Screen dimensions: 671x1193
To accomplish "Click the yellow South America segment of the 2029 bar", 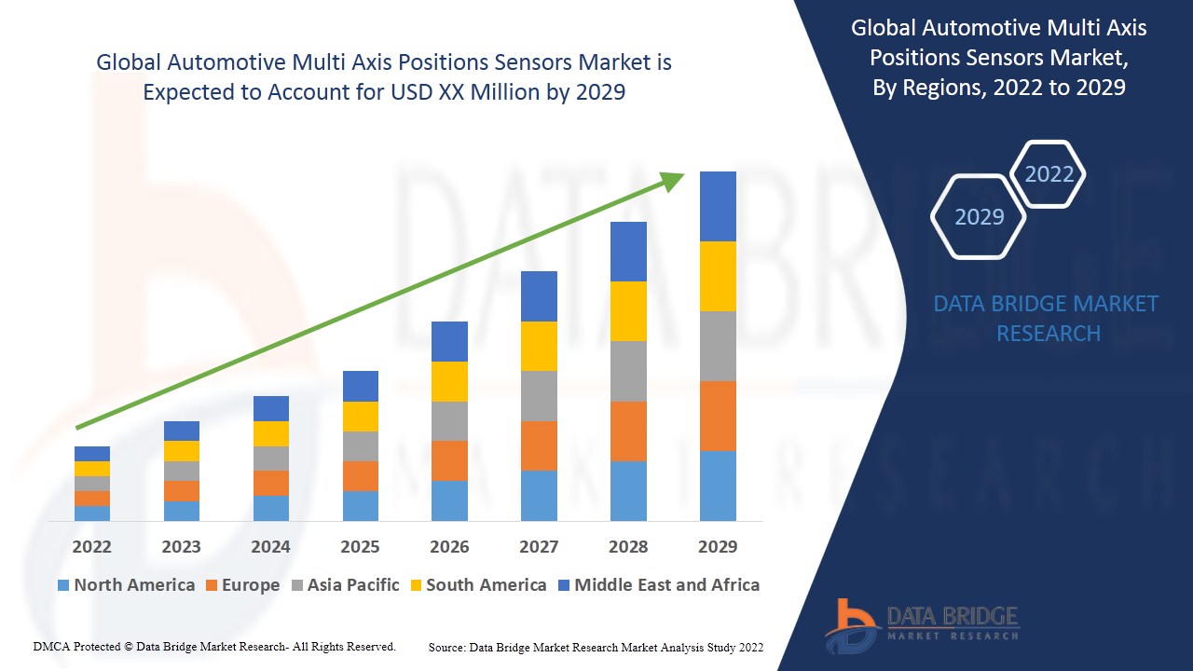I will point(718,276).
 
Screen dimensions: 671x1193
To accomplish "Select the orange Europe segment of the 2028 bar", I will point(628,431).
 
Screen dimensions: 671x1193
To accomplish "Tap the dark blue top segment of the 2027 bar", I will point(539,296).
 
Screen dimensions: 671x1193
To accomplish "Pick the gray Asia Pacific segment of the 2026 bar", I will point(449,421).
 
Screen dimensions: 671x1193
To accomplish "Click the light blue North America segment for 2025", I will point(361,505).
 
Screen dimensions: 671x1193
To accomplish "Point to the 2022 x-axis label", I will point(91,546).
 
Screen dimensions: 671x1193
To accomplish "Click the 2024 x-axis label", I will point(270,546).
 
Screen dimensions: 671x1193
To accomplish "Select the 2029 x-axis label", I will point(718,546).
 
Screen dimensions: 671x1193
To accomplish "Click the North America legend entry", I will point(126,585).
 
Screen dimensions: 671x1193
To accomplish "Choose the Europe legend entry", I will point(241,585).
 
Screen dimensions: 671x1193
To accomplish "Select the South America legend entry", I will point(477,585).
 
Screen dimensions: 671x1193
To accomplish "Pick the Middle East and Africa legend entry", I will point(658,585).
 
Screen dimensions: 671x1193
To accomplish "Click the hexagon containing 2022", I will point(1049,174).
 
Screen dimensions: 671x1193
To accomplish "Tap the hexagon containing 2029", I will point(979,216).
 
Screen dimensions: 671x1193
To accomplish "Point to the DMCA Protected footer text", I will point(214,646).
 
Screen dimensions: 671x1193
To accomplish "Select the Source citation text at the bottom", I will point(596,647).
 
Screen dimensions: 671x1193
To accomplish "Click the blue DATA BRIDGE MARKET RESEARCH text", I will point(1046,318).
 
